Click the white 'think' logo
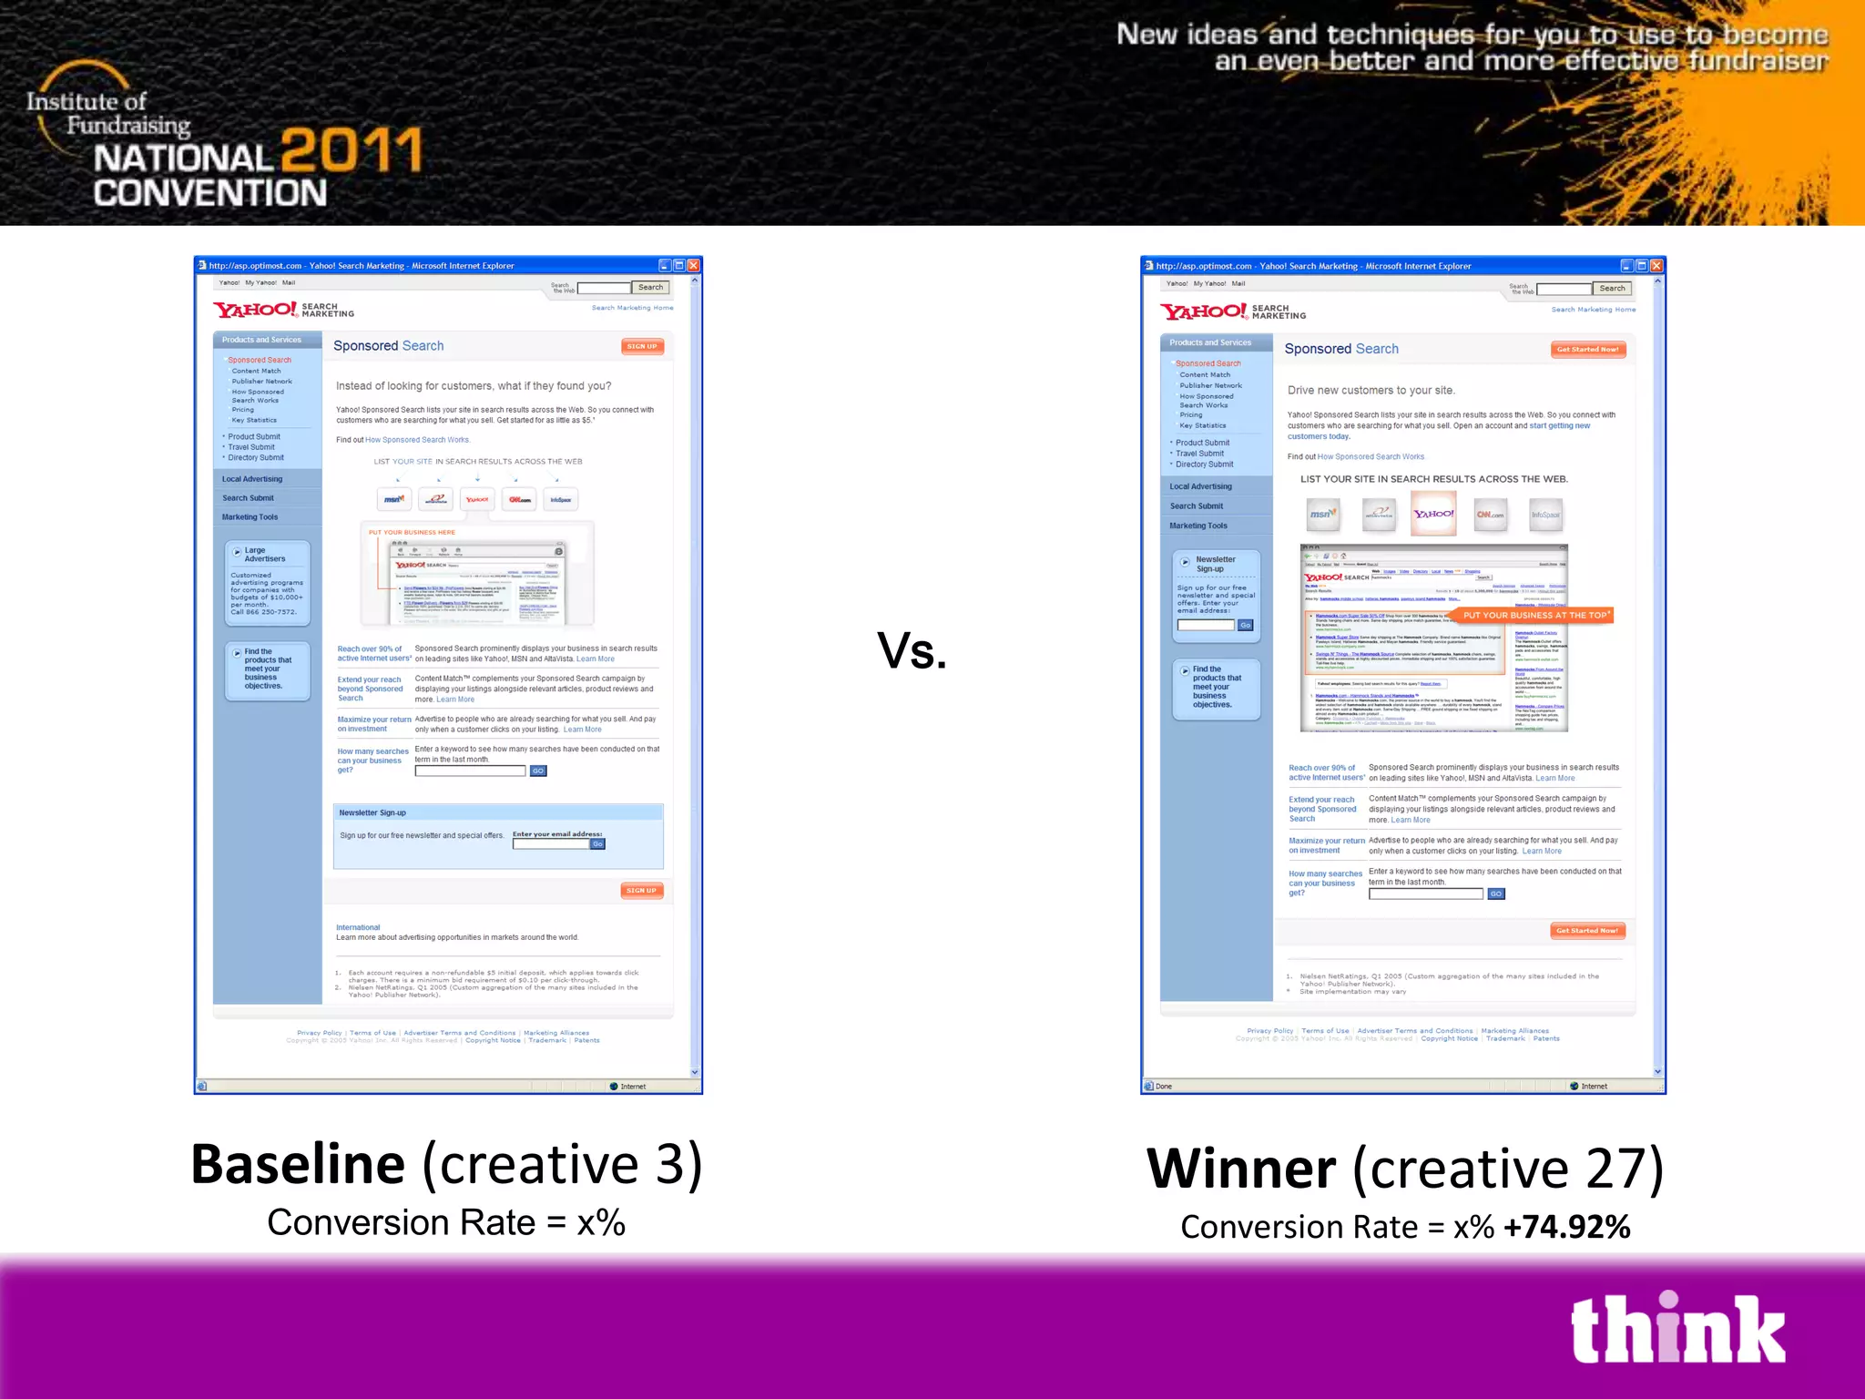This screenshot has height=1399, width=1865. click(1677, 1330)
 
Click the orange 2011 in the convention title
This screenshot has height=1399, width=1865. click(352, 151)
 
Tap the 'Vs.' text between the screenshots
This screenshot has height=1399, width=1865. click(912, 651)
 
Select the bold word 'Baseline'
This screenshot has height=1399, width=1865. click(298, 1164)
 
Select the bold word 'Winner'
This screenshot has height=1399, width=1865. click(1241, 1169)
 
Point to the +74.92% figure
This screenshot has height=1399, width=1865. click(1566, 1228)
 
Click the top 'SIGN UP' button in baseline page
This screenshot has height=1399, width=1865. click(642, 346)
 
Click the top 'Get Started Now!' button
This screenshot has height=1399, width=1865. click(1587, 350)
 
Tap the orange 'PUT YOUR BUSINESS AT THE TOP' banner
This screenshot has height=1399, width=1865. click(1534, 615)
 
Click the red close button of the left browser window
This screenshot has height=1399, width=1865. click(694, 266)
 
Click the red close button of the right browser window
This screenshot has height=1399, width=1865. click(1656, 266)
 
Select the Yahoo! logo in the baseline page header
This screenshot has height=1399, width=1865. click(255, 310)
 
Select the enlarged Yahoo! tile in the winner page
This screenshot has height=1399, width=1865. click(1433, 514)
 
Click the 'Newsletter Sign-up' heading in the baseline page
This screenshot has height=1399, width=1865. click(372, 812)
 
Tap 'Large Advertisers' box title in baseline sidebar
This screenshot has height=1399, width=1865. click(264, 555)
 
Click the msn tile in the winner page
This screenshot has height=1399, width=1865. click(1322, 515)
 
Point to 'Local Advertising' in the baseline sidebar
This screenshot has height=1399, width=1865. click(252, 479)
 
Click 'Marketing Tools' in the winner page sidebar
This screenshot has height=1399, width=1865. click(1198, 526)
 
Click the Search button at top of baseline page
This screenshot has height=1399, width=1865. click(650, 288)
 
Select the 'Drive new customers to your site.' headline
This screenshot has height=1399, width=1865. click(1371, 391)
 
